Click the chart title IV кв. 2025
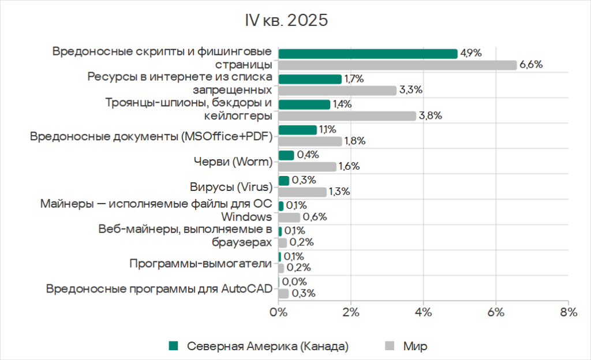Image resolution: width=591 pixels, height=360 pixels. pos(286,20)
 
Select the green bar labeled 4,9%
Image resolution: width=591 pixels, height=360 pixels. pos(368,54)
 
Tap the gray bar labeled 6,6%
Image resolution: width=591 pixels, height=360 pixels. pos(398,65)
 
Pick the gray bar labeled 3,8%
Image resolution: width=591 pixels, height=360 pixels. pos(347,116)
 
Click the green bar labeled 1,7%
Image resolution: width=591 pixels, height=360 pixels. pos(310,79)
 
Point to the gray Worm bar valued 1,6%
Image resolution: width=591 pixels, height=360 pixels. pos(307,167)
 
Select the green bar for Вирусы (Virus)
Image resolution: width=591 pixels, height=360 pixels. pos(284,181)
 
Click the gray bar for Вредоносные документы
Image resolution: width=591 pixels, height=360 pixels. pos(311,141)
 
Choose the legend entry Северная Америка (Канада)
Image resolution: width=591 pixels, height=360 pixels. pos(267,346)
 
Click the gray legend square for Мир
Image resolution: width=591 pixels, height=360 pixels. pos(390,346)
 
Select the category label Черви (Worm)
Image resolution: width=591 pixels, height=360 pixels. pos(232,162)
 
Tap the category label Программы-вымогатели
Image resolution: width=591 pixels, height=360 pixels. pos(200,264)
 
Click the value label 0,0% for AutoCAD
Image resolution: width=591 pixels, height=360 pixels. pos(294,282)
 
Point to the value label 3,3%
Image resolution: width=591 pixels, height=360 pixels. pos(411,90)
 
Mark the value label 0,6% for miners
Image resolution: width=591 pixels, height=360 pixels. pos(315,217)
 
